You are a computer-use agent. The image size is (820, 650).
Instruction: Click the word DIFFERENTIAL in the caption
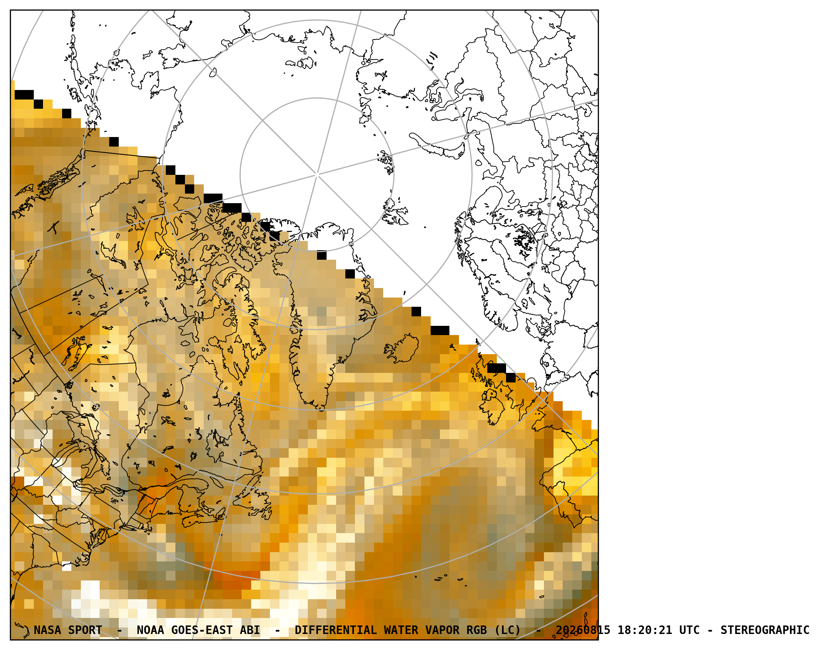(x=335, y=630)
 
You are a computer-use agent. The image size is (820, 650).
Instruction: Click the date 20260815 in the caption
(x=583, y=630)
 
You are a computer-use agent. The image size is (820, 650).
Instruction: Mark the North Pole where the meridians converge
(x=317, y=175)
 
